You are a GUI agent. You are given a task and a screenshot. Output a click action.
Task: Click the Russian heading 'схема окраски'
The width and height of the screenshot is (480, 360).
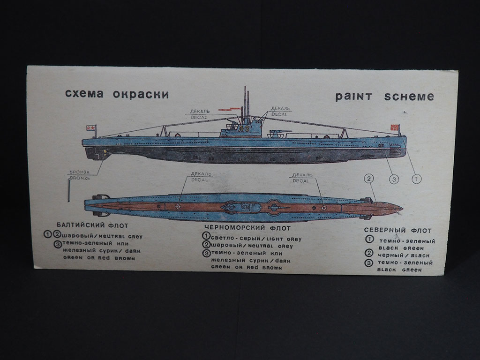117,94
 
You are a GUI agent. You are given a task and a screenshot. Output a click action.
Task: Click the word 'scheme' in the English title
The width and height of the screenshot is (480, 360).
409,97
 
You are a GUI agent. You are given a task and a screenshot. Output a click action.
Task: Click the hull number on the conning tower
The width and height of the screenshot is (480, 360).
244,128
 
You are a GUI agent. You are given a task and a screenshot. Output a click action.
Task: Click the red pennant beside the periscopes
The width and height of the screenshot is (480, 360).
227,111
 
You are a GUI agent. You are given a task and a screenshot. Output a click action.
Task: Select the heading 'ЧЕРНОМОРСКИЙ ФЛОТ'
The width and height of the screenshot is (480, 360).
247,228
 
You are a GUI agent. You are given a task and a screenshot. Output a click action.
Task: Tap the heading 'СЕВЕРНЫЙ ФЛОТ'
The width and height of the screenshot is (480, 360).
397,231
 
